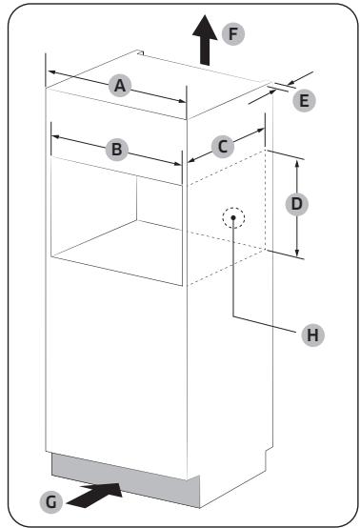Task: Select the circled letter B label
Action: click(115, 150)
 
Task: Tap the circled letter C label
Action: click(222, 146)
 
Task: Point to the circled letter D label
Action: click(298, 203)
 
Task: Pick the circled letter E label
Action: click(304, 98)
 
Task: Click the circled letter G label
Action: click(57, 498)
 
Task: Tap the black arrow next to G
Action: click(101, 495)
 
